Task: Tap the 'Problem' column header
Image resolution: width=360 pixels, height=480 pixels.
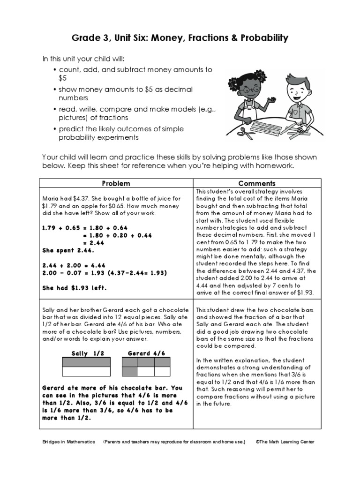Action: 115,183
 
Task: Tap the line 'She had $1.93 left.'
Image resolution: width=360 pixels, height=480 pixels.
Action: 75,288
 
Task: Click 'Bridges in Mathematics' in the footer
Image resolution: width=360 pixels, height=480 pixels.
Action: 68,442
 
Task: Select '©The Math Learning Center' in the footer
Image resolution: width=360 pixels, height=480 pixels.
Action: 285,442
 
